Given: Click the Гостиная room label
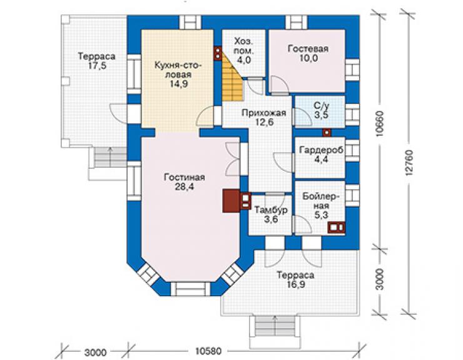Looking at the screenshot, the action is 185,177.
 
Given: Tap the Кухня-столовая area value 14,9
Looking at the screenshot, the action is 179,84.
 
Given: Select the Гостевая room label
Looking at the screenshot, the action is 308,48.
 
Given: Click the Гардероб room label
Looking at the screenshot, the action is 321,150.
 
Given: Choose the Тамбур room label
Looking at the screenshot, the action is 271,210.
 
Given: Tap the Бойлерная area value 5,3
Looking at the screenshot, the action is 321,215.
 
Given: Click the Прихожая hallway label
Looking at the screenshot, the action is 263,113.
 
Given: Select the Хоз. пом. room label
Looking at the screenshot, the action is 243,46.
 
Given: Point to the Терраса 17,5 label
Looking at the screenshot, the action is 96,61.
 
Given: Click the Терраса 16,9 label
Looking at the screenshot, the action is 295,280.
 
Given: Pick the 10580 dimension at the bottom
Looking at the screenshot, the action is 208,351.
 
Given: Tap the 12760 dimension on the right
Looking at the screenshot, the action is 409,163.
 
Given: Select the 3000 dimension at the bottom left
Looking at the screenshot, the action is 95,352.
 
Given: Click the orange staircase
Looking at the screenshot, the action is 232,78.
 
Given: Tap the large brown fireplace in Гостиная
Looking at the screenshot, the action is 232,201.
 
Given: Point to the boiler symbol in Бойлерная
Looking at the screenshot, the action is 336,227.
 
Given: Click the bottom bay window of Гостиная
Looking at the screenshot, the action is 190,289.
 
